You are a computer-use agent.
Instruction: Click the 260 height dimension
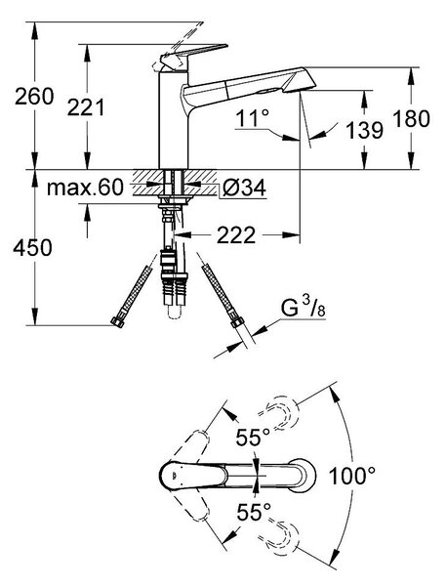(x=34, y=97)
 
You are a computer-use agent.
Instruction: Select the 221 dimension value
(x=86, y=107)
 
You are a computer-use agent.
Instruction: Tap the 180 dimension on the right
(x=411, y=118)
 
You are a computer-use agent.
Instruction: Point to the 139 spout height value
(x=365, y=131)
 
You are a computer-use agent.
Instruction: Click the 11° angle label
(x=252, y=118)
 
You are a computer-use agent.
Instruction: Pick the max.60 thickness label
(x=85, y=188)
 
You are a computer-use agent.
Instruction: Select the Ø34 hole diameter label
(x=244, y=188)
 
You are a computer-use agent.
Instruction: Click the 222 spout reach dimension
(x=236, y=235)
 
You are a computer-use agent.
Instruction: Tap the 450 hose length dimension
(x=32, y=247)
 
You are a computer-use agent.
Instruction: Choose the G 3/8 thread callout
(x=303, y=309)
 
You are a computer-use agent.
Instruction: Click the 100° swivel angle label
(x=352, y=476)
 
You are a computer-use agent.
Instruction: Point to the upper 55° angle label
(x=253, y=437)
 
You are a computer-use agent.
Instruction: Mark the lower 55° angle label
(x=254, y=512)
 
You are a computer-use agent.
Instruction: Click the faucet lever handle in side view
(x=192, y=57)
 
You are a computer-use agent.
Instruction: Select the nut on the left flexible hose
(x=117, y=321)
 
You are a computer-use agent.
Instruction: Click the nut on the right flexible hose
(x=237, y=321)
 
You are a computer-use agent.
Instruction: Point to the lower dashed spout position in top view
(x=279, y=539)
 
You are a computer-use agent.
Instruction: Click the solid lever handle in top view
(x=193, y=476)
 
